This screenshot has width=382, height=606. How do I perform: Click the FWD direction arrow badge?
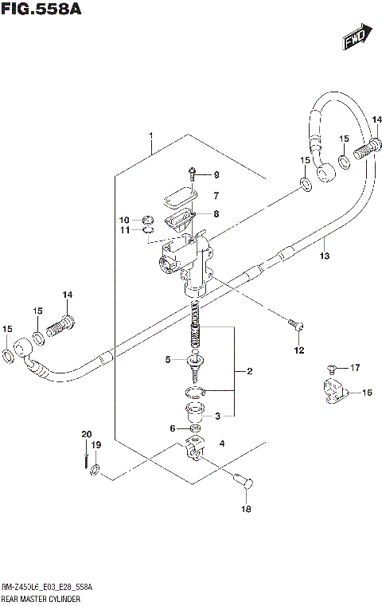pos(354,38)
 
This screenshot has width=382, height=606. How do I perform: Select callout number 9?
pos(215,175)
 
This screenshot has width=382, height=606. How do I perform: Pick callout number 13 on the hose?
pos(324,256)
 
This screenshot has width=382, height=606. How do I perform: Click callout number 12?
pos(298,350)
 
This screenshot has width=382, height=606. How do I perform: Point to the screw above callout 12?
pos(294,323)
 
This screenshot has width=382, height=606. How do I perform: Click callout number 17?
pos(356,367)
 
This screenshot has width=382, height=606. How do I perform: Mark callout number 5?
pos(168,360)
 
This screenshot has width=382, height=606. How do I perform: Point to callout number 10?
pos(123,220)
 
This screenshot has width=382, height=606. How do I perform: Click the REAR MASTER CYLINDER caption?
pos(46,596)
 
